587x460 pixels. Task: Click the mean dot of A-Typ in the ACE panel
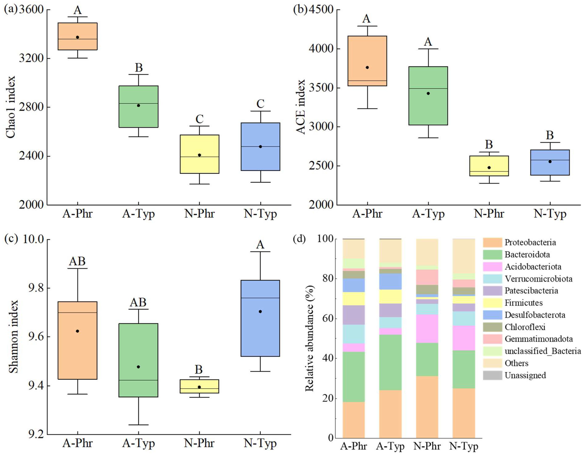pos(428,93)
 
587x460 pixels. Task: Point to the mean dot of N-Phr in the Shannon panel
pos(199,387)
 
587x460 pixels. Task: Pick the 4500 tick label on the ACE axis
pos(321,10)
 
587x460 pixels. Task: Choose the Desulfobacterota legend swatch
pos(492,315)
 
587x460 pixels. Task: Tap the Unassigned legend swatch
pos(492,375)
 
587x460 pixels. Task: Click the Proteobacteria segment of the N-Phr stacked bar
pos(427,407)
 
